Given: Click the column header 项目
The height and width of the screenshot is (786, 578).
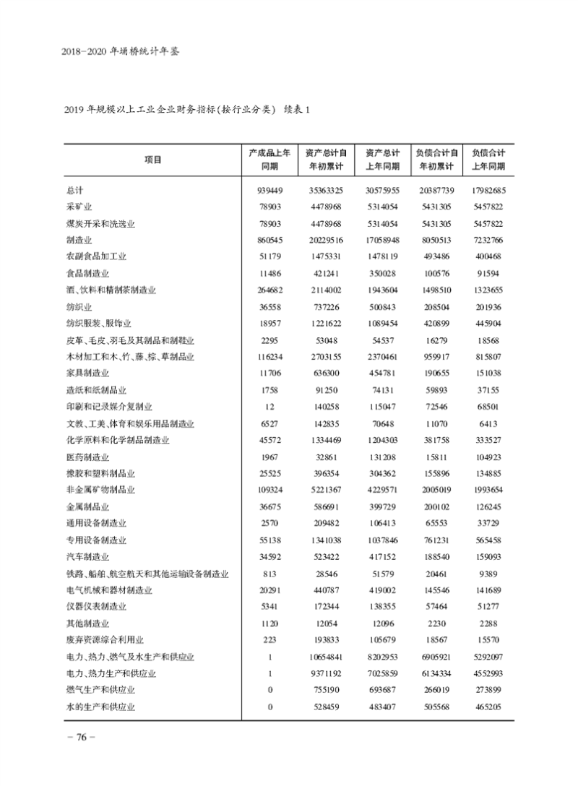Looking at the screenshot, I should tap(152, 160).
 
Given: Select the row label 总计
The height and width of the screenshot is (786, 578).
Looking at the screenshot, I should tap(75, 191).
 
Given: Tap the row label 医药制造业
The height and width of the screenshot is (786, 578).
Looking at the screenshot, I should tap(87, 457).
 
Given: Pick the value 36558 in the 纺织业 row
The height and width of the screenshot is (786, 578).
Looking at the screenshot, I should tap(269, 307).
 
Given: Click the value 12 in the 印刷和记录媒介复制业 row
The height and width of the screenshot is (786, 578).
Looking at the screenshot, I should tap(269, 407).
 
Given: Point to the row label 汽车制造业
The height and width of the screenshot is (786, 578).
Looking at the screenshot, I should tap(87, 557).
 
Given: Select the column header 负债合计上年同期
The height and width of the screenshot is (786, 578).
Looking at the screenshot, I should tap(488, 160).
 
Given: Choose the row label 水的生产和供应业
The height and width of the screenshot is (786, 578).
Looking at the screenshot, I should tap(100, 707).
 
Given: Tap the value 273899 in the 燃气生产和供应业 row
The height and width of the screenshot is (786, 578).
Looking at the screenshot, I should tap(488, 690).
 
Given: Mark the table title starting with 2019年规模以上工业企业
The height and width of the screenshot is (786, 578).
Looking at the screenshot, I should tap(187, 110).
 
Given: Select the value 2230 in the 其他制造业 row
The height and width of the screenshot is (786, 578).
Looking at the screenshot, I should tap(436, 623).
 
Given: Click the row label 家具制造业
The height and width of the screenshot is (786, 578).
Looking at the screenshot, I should tap(87, 373).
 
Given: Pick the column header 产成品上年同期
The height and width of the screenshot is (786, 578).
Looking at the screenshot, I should tap(269, 160).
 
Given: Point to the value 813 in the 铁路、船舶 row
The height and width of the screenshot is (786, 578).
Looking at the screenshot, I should tap(269, 574).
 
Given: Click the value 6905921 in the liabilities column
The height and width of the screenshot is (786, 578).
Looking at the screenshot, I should tap(436, 657).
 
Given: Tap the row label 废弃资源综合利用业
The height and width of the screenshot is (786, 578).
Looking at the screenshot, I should tap(105, 640).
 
